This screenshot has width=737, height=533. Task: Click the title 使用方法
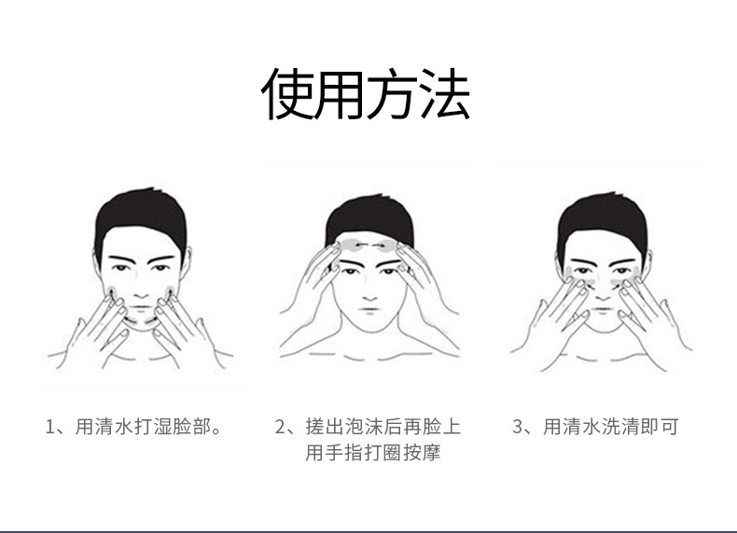pos(366,95)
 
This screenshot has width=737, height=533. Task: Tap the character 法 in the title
pos(445,95)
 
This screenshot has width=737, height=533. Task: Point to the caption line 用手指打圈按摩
pos(372,454)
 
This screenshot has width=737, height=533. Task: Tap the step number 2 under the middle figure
pos(280,428)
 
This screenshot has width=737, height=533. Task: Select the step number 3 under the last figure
pos(518,428)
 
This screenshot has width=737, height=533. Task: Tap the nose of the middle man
pos(369,284)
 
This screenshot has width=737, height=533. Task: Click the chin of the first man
pos(141,329)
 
